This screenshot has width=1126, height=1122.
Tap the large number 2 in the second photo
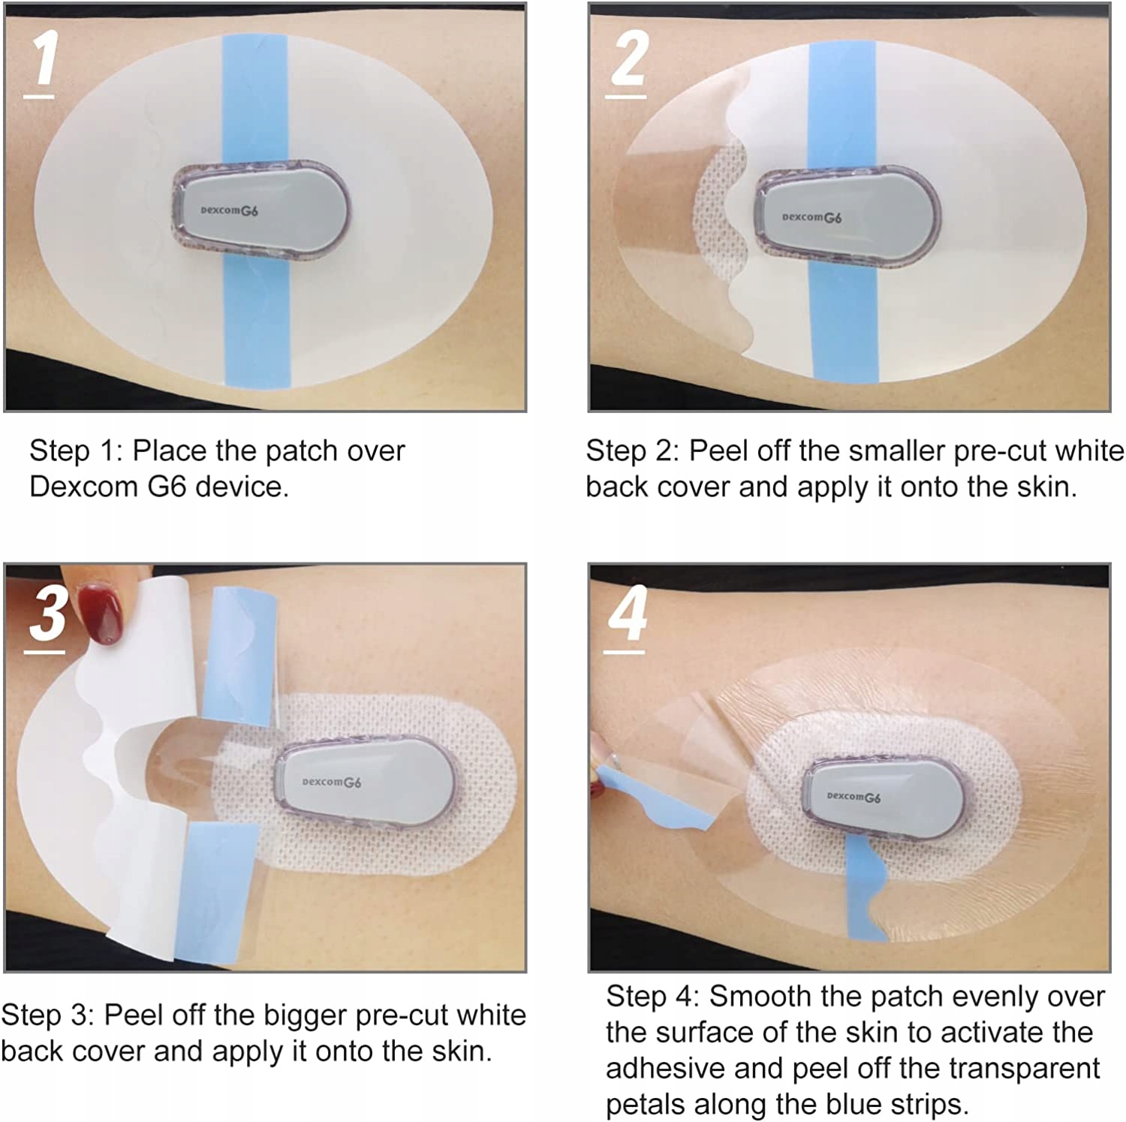coord(628,60)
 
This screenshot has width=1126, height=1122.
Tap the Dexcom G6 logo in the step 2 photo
coord(811,217)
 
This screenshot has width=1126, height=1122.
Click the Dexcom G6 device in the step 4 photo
coord(883,798)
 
